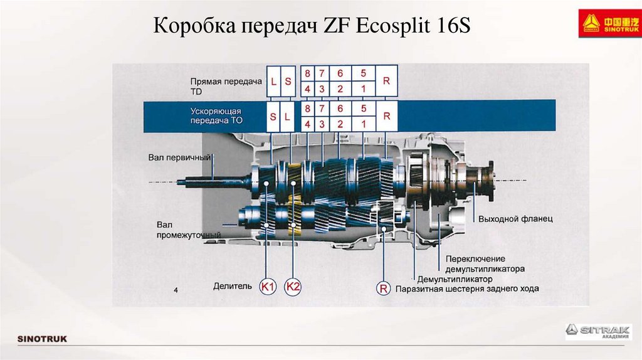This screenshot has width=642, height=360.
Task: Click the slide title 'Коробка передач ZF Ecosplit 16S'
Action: (312, 28)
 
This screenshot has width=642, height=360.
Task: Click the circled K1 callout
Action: (268, 287)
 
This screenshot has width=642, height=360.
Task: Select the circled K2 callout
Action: (293, 287)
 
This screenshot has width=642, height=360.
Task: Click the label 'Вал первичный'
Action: (179, 157)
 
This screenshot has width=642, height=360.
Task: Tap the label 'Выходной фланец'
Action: (515, 219)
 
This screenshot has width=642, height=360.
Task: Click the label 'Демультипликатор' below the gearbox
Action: (455, 279)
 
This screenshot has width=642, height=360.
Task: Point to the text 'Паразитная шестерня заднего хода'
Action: (467, 289)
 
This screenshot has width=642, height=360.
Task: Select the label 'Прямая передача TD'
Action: (216, 86)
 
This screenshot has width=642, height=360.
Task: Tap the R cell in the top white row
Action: (386, 82)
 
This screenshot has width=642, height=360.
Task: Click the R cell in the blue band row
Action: (386, 116)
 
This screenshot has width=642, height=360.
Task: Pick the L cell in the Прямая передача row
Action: (273, 82)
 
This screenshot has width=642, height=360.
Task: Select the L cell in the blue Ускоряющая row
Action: (288, 117)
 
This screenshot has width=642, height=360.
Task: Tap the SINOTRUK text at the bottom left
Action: (41, 339)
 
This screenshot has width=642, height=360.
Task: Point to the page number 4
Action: (176, 290)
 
